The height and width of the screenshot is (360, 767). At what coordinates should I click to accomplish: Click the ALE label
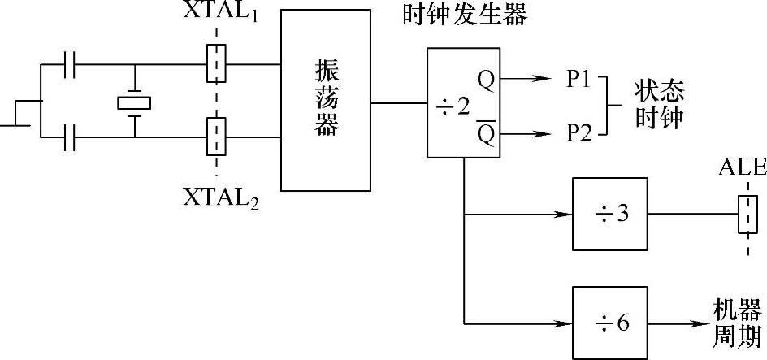click(742, 167)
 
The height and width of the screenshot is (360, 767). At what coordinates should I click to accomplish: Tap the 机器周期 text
click(737, 322)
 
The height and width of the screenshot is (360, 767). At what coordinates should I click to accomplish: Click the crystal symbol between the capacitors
click(134, 102)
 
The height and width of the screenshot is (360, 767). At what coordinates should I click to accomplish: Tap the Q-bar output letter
click(485, 129)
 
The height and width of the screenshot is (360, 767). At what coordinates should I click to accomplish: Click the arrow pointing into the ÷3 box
click(561, 215)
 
